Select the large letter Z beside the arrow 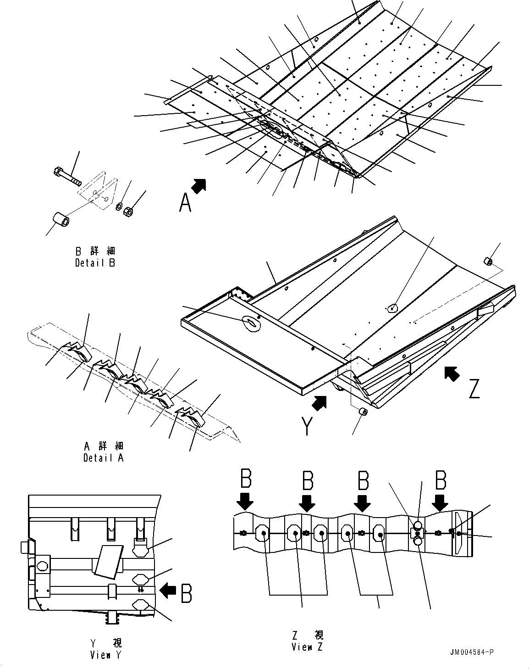[x=474, y=388]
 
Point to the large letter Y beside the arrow [x=307, y=426]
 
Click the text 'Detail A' [x=104, y=457]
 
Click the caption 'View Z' [x=307, y=647]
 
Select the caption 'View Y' [x=106, y=655]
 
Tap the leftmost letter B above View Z [x=246, y=479]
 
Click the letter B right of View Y [x=186, y=593]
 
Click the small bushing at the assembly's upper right [x=489, y=262]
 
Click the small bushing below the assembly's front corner [x=363, y=412]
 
